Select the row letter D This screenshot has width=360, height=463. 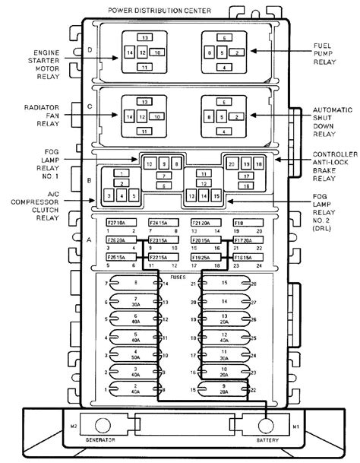[90, 50]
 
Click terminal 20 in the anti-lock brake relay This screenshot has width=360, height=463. [232, 163]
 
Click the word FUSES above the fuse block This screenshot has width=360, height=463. [180, 278]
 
